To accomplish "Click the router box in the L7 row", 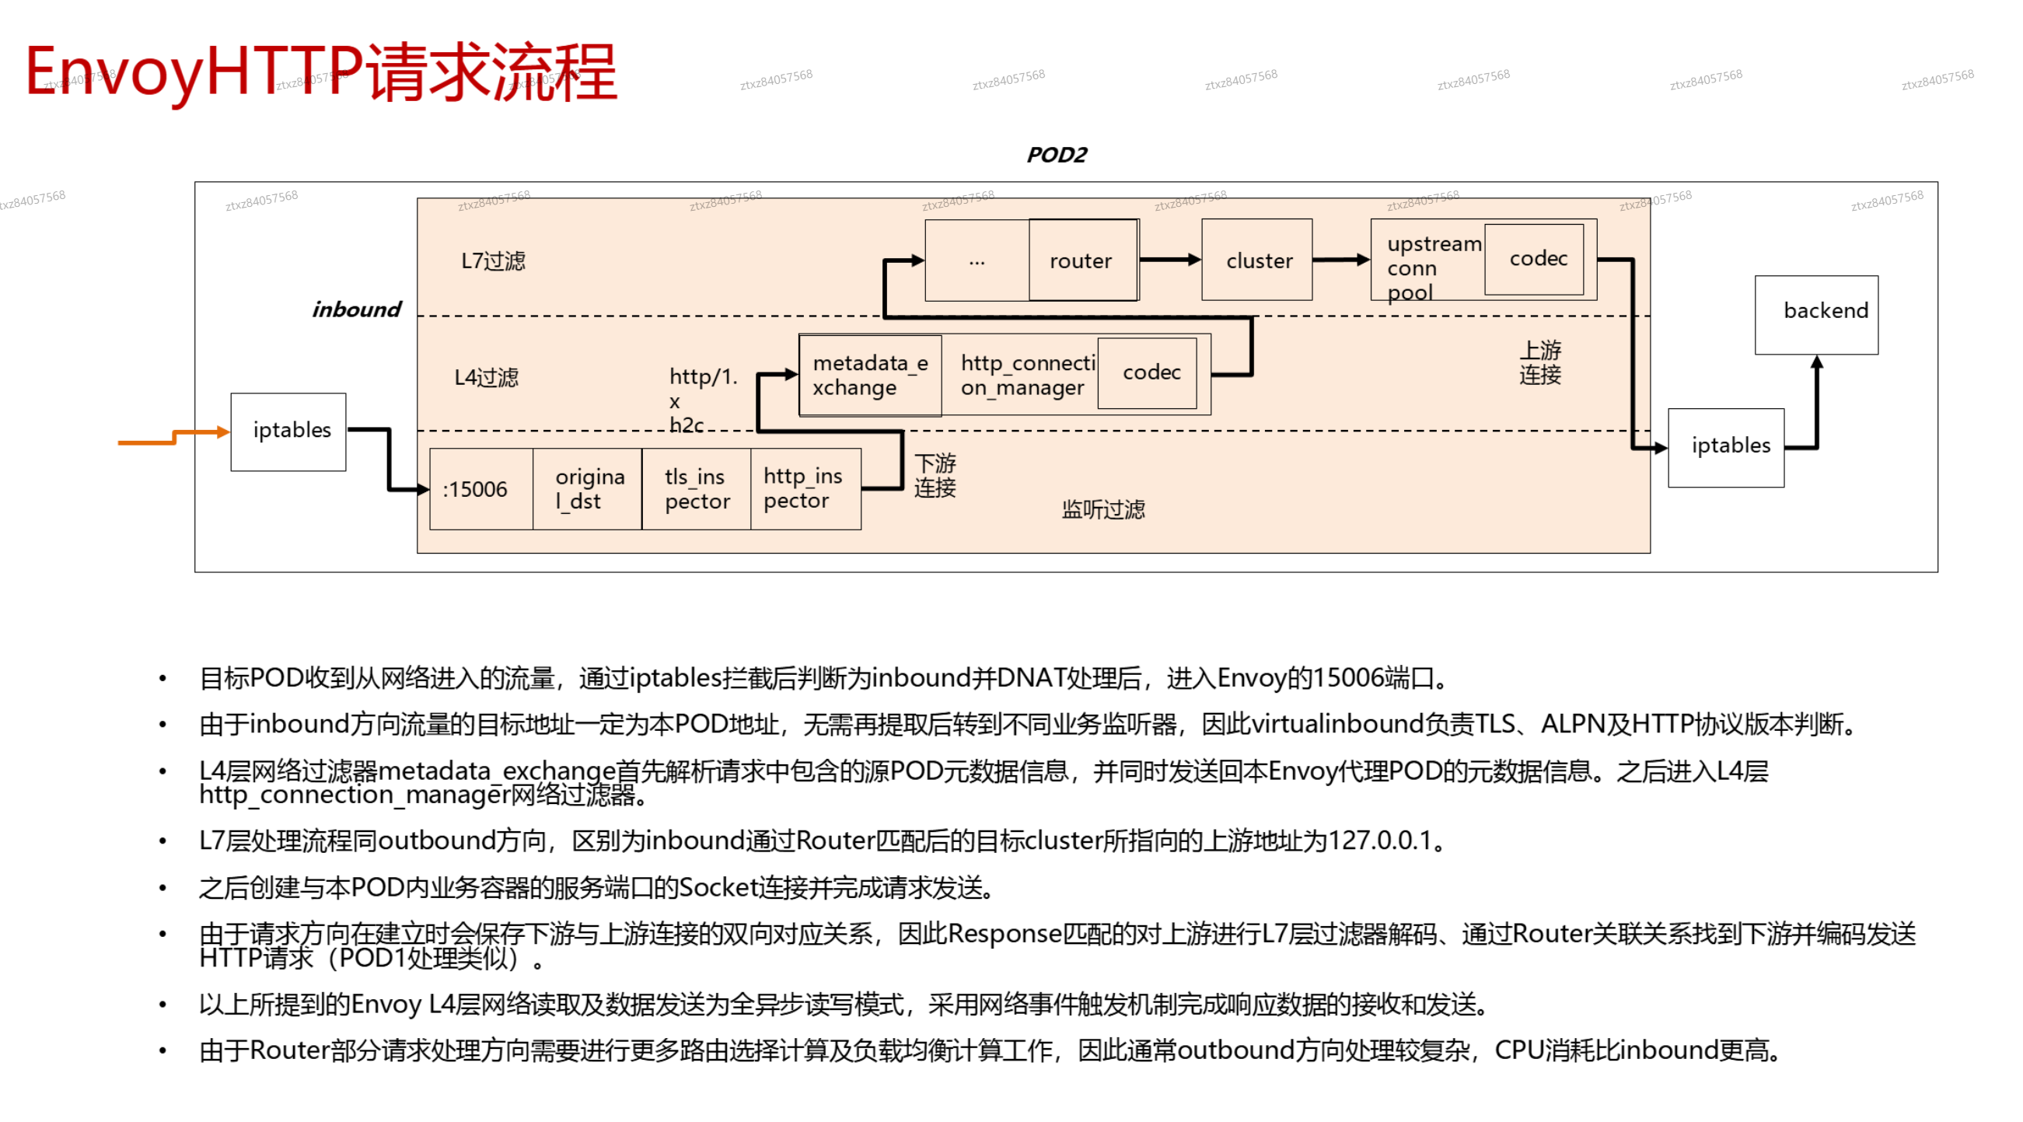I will pyautogui.click(x=1082, y=260).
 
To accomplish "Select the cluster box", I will pyautogui.click(x=1256, y=260).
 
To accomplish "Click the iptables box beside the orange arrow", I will pyautogui.click(x=288, y=431).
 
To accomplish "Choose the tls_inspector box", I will pyautogui.click(x=696, y=488).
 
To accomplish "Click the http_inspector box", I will pyautogui.click(x=805, y=488).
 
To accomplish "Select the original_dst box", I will pyautogui.click(x=588, y=488).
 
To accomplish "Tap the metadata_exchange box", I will pyautogui.click(x=869, y=375).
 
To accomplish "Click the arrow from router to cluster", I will pyautogui.click(x=1170, y=259).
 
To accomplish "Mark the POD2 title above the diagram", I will pyautogui.click(x=1057, y=155).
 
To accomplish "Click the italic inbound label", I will pyautogui.click(x=356, y=309).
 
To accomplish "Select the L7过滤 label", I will pyautogui.click(x=492, y=260).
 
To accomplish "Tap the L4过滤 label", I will pyautogui.click(x=486, y=377).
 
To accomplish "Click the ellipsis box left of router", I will pyautogui.click(x=977, y=260).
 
